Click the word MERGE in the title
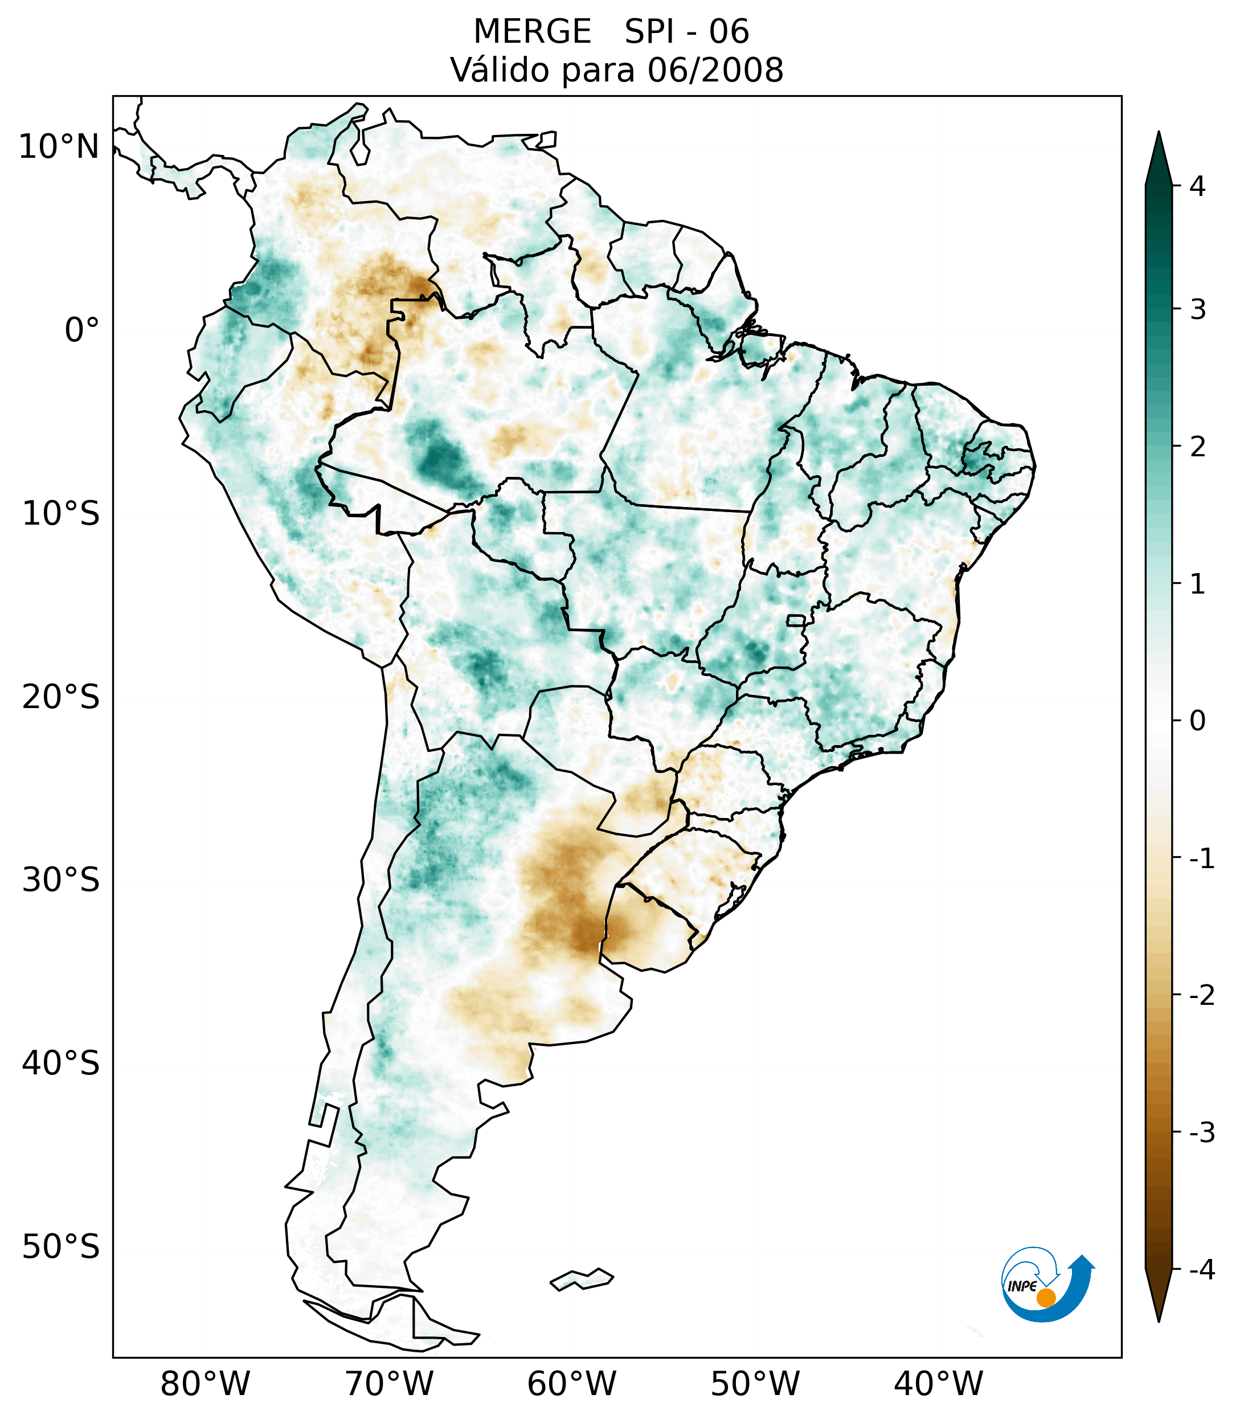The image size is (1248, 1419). pos(531,32)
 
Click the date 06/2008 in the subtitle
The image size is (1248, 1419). pos(715,70)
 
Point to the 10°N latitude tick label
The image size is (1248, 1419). pos(59,147)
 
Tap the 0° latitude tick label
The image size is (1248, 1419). pos(82,330)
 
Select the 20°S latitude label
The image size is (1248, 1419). pos(61,697)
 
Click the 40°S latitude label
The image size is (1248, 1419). pos(61,1064)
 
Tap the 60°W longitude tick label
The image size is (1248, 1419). pos(571,1384)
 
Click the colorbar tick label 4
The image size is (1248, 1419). pos(1197,186)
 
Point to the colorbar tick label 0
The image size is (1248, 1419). pos(1197,721)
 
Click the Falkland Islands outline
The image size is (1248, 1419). pos(582,1279)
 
